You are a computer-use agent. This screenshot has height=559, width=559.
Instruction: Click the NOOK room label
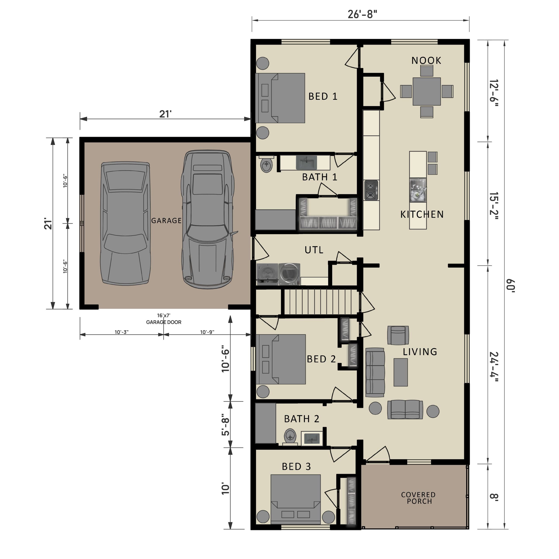(426, 60)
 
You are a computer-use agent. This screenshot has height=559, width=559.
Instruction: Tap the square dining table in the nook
(426, 91)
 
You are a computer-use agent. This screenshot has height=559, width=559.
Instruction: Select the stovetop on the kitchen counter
(371, 190)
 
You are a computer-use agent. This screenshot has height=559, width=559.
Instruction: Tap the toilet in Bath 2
(290, 436)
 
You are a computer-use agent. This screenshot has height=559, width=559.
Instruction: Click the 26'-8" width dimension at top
(362, 14)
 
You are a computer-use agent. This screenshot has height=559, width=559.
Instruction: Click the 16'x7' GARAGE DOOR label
(164, 319)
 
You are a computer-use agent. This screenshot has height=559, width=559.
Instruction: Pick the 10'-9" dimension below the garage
(207, 332)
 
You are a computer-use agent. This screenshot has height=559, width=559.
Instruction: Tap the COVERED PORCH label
(418, 498)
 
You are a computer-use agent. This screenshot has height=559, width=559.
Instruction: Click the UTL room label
(314, 250)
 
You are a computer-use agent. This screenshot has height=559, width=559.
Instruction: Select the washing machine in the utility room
(267, 273)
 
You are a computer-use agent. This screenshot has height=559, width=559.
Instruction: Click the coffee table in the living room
(400, 372)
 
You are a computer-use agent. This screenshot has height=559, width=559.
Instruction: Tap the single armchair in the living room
(398, 335)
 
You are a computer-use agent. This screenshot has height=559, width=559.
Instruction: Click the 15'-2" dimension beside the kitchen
(494, 206)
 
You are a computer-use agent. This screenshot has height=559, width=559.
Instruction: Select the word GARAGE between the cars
(166, 221)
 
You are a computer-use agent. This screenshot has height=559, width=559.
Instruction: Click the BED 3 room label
(296, 466)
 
